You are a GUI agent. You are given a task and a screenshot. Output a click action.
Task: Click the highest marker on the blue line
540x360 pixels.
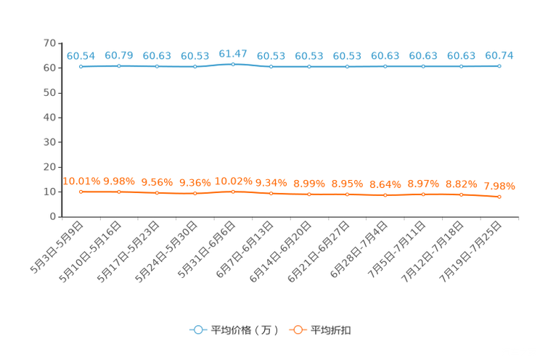[233, 64]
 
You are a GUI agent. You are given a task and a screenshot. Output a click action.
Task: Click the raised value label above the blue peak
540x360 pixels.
[233, 53]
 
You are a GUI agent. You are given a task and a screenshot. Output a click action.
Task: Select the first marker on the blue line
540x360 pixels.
[81, 67]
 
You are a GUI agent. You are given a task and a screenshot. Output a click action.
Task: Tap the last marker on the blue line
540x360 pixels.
[499, 66]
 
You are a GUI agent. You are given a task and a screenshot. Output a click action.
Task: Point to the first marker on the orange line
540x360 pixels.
[81, 192]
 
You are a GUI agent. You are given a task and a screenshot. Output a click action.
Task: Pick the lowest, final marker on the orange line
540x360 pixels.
[499, 197]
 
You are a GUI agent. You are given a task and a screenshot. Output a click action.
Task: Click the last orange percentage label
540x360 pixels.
[499, 186]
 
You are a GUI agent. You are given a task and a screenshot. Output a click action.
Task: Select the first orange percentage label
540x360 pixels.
[81, 181]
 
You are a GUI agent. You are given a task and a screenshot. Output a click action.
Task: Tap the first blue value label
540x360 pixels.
[81, 56]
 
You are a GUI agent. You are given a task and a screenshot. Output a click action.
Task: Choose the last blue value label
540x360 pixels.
[499, 55]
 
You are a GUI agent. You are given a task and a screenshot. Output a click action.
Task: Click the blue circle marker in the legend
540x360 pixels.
[197, 330]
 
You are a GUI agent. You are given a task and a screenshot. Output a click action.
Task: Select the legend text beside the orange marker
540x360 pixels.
[332, 330]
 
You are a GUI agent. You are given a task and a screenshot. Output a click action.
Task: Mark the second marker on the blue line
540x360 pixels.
[119, 66]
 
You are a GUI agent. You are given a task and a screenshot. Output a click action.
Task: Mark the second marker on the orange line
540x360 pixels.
[119, 192]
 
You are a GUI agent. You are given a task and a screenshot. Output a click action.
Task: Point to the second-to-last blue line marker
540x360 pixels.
[461, 67]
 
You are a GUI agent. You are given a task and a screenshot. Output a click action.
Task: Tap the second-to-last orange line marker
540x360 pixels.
[461, 195]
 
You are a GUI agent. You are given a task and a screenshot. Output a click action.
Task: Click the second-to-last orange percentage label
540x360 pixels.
[461, 184]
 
